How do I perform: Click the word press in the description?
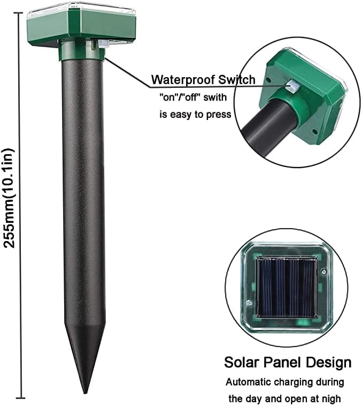click(219, 114)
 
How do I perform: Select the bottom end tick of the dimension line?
click(21, 398)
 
